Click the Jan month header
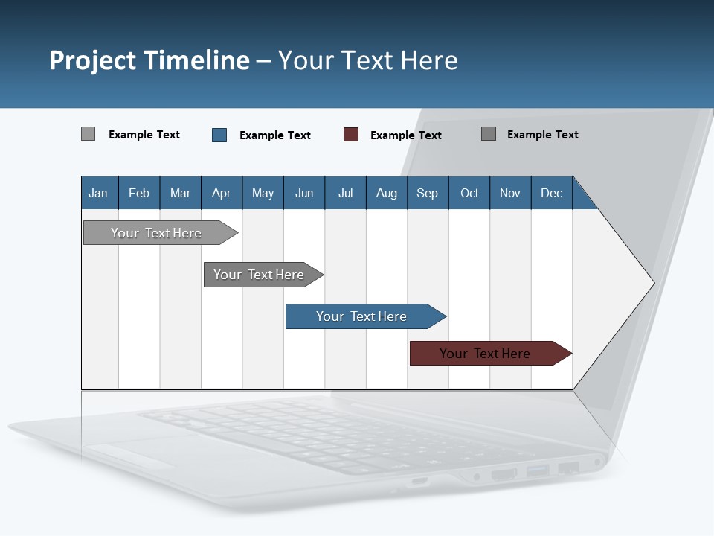point(99,193)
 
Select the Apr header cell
point(222,193)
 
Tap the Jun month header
point(304,193)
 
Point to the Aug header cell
point(387,193)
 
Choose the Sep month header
point(428,193)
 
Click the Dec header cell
point(552,193)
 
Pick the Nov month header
point(510,193)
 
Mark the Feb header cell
point(139,193)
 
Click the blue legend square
point(219,135)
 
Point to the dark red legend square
point(351,135)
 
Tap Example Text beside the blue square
point(275,135)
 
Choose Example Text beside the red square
point(406,135)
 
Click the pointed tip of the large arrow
point(652,283)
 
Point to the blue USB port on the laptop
point(538,470)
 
